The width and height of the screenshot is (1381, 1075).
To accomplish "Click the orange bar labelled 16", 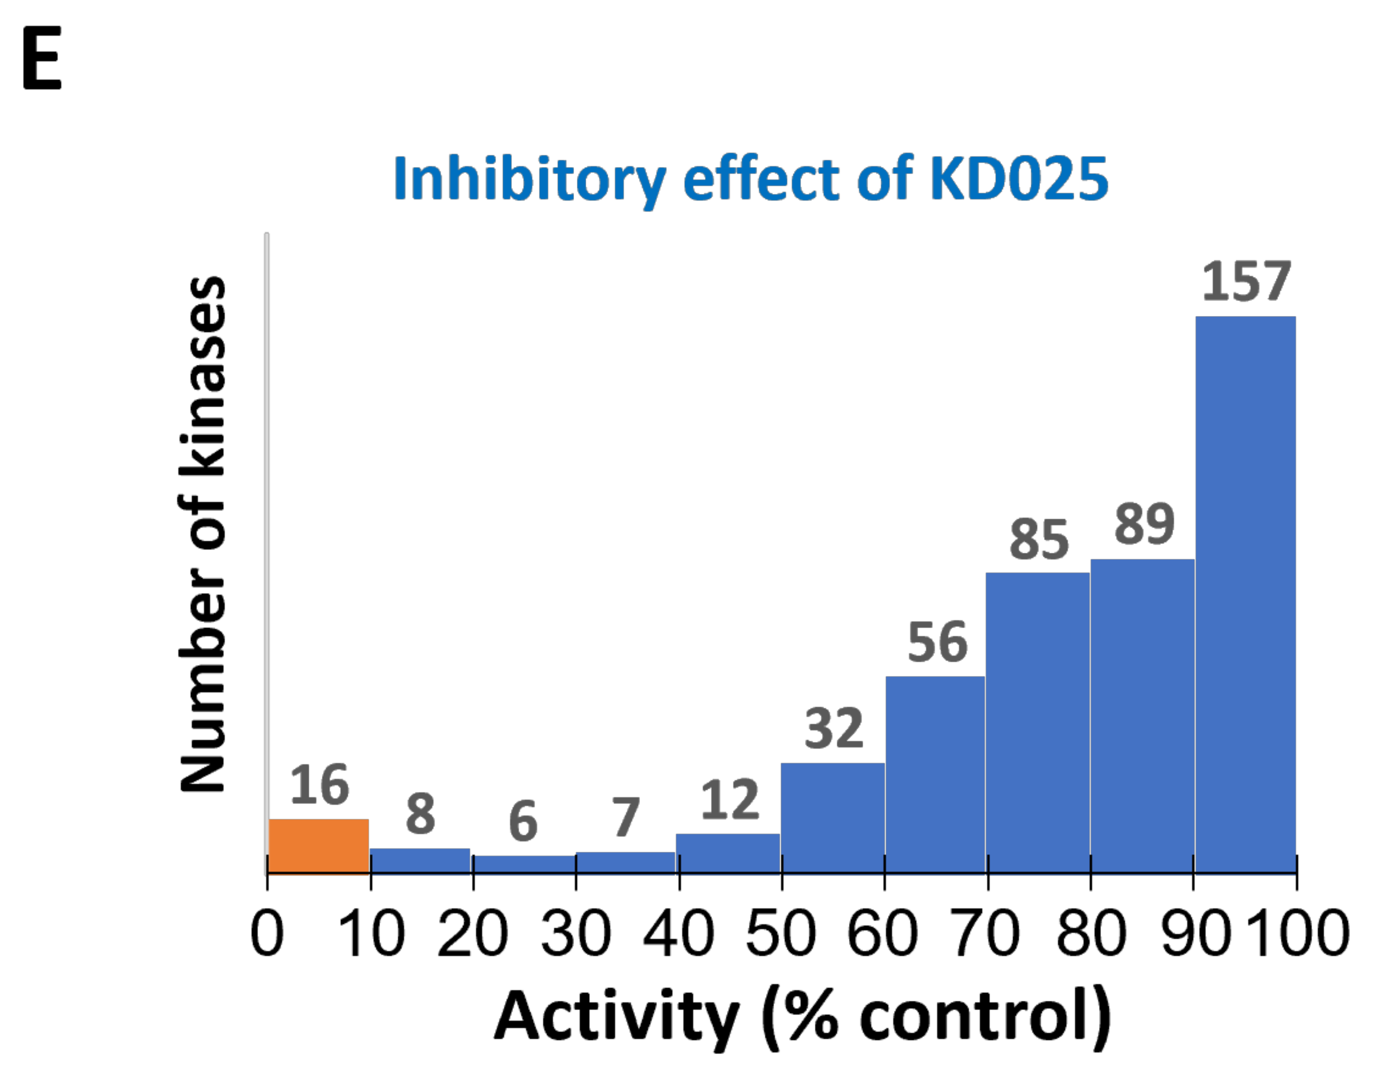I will point(319,845).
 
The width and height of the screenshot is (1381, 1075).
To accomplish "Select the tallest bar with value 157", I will point(1245,594).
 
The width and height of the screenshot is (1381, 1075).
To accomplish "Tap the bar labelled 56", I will point(935,775).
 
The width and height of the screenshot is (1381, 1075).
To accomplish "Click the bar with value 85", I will point(1038,723).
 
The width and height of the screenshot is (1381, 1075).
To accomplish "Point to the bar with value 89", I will point(1142,716).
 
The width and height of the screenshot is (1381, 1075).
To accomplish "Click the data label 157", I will point(1246,282).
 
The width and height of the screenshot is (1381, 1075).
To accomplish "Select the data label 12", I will point(730,800).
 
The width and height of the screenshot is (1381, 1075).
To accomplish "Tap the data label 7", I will point(626,817).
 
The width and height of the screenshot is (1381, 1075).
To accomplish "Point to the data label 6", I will point(523,821).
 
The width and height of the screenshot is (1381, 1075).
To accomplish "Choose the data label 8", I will point(421,814).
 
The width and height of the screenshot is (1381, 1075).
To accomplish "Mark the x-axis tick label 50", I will point(781,933).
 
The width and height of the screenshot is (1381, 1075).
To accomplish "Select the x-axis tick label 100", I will point(1298,933).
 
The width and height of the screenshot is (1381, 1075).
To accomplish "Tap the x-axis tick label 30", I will point(575,933).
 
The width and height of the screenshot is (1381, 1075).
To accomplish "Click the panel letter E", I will point(42,58).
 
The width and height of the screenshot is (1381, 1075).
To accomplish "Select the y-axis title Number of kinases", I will point(202,534).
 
